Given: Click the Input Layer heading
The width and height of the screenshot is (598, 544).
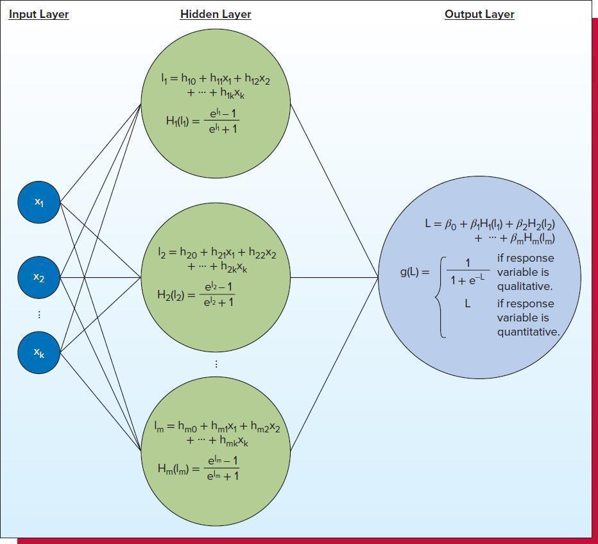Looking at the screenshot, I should [x=38, y=14].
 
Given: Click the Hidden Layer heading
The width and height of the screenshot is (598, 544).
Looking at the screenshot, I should [x=216, y=14].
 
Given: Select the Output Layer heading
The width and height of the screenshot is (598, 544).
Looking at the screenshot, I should [x=479, y=14].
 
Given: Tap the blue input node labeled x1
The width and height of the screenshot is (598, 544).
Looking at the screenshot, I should [x=39, y=202].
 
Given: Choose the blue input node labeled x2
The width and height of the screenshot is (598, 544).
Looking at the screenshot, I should [x=39, y=277].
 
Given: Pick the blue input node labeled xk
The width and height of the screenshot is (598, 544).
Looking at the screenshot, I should [x=39, y=352].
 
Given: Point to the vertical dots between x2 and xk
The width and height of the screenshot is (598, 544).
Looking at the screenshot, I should [x=39, y=314].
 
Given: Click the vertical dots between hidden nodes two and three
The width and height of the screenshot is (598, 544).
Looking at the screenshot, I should [x=216, y=364].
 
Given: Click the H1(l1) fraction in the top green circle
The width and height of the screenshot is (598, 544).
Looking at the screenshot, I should [x=221, y=121].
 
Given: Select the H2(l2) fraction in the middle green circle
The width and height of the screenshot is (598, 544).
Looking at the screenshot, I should [x=219, y=294].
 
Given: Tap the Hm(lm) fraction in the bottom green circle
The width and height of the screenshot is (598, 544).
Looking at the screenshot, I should [x=223, y=468].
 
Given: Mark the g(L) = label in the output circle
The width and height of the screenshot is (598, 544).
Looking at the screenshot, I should [x=414, y=271].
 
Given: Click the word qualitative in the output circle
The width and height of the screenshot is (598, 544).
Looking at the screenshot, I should [x=524, y=286].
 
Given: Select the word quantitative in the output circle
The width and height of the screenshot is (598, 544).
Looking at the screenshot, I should [x=528, y=332].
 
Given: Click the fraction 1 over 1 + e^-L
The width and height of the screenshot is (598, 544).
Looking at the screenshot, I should [x=467, y=271].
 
